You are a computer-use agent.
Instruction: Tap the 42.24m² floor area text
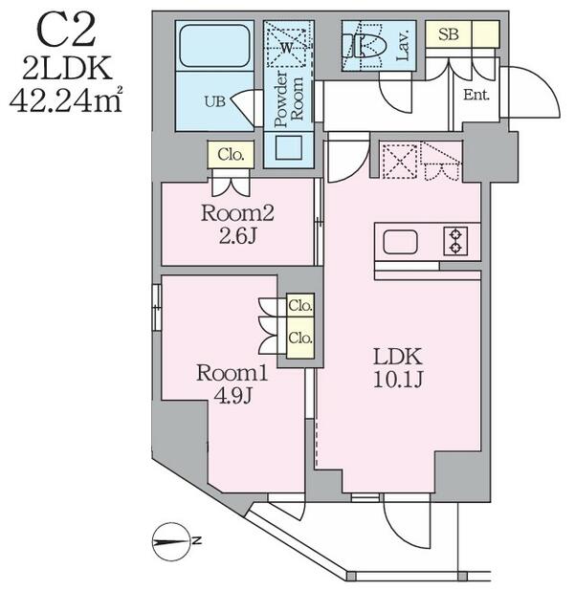pyautogui.click(x=66, y=99)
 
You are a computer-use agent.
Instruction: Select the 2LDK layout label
pyautogui.click(x=67, y=68)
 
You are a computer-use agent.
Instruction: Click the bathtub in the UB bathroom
pyautogui.click(x=214, y=45)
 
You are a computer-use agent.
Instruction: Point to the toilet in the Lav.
pyautogui.click(x=365, y=45)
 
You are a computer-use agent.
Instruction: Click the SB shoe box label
pyautogui.click(x=448, y=34)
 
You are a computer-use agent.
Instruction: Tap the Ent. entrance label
pyautogui.click(x=476, y=95)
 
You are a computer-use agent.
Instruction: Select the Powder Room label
pyautogui.click(x=288, y=99)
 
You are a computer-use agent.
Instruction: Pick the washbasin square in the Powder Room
pyautogui.click(x=289, y=147)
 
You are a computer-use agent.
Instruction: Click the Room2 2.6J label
pyautogui.click(x=237, y=225)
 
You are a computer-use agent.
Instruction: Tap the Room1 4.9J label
pyautogui.click(x=232, y=384)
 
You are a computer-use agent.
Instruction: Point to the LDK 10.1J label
pyautogui.click(x=398, y=367)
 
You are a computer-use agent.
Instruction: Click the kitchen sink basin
pyautogui.click(x=400, y=242)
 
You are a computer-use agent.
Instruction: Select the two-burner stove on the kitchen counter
pyautogui.click(x=455, y=241)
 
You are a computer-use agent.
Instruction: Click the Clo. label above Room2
pyautogui.click(x=231, y=155)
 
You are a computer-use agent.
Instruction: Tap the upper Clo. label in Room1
pyautogui.click(x=300, y=306)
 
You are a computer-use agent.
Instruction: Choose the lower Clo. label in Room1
pyautogui.click(x=300, y=338)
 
